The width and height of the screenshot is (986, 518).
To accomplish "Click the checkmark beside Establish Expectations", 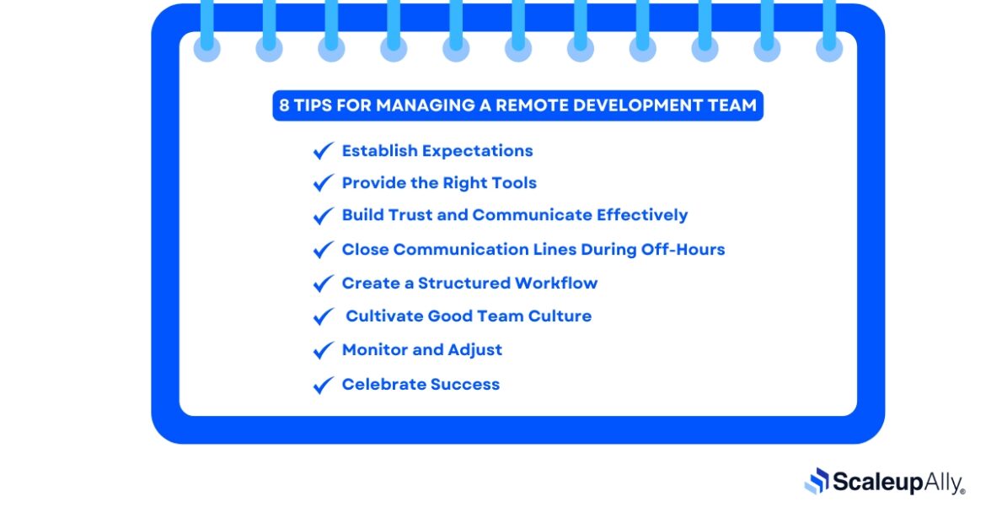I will (323, 151).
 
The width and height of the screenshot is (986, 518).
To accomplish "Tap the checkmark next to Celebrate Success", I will (323, 385).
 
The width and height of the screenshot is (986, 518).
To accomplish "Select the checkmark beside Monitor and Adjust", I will (323, 350).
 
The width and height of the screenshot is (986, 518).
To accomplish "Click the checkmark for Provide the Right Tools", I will (323, 183).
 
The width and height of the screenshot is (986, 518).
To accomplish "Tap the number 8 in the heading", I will (285, 106).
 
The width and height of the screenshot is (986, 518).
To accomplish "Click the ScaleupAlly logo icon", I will (817, 481).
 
